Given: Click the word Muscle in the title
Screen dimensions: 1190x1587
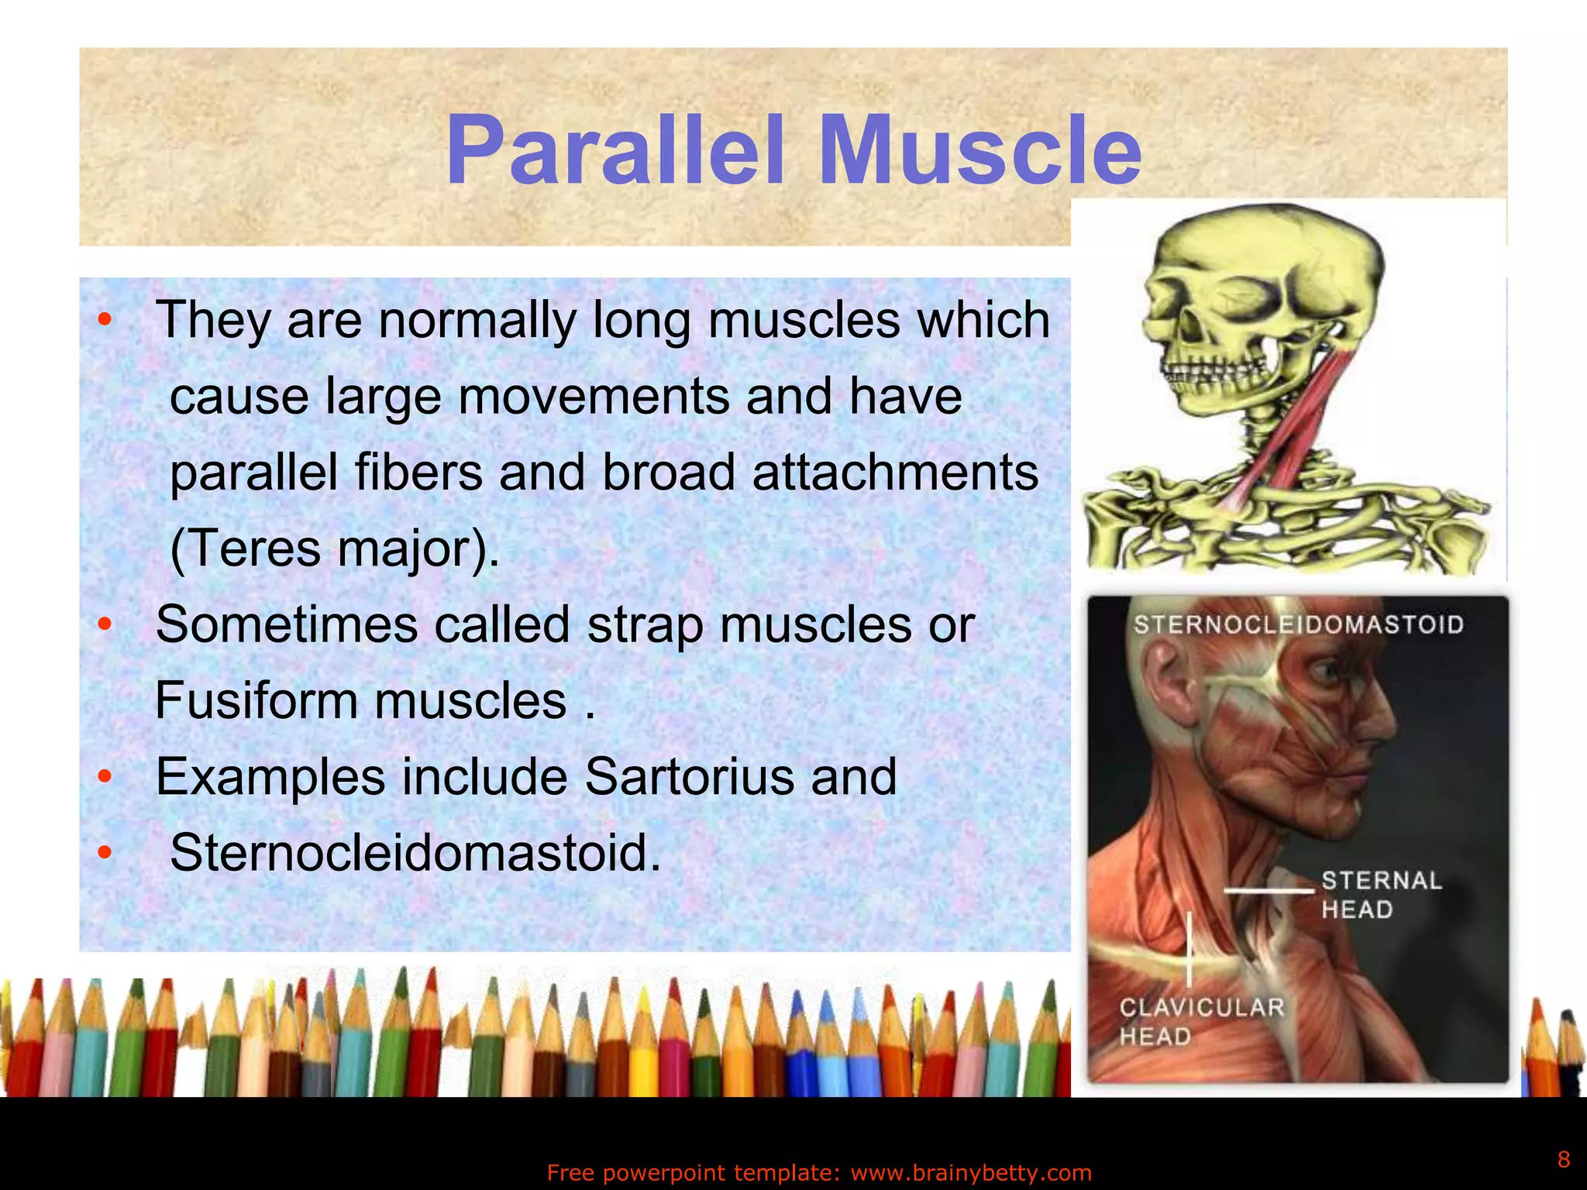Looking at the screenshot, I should (x=979, y=151).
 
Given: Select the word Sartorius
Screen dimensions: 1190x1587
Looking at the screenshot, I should (x=688, y=776).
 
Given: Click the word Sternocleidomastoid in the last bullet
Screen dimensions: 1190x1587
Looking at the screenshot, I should (x=415, y=852).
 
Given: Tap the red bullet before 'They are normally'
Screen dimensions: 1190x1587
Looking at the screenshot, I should (x=105, y=320).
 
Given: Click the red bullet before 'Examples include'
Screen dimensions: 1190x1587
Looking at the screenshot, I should (x=105, y=776).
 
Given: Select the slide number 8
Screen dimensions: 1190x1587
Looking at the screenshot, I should (x=1563, y=1159).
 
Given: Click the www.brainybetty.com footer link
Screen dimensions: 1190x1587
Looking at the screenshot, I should (x=970, y=1173).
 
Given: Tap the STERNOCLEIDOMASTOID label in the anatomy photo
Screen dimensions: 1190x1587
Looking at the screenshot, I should (x=1298, y=624).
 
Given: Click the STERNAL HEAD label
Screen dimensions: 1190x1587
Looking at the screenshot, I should (x=1381, y=895).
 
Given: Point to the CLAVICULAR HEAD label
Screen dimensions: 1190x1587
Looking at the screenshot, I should (x=1200, y=1021).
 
